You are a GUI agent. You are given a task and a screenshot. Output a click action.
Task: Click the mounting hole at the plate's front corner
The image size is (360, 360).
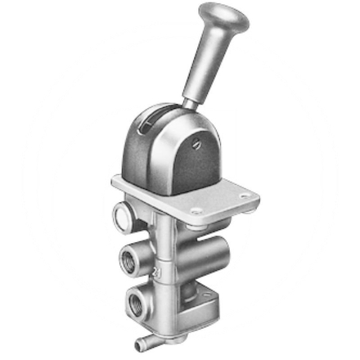pos(194,211)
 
